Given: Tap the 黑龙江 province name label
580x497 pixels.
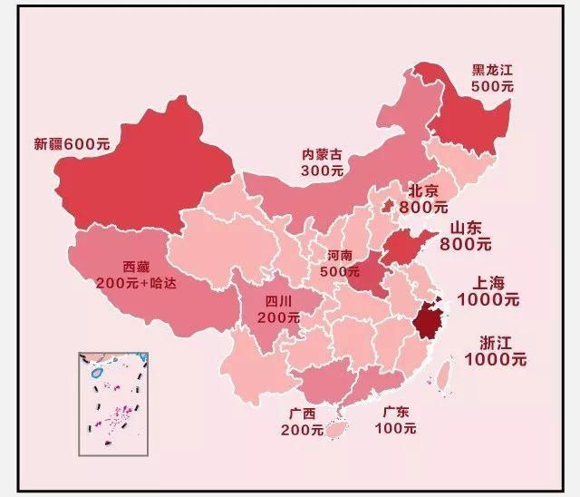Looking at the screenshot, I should tap(493, 69).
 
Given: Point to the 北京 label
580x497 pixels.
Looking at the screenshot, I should tap(424, 190).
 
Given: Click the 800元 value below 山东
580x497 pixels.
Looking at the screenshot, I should tap(466, 244).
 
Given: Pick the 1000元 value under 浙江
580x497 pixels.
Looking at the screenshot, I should tap(495, 359).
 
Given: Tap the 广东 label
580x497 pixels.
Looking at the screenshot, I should tap(395, 412).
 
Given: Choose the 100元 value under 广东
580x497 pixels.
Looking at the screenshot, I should tap(395, 428).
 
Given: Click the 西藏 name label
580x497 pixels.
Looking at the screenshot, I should tap(136, 267).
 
